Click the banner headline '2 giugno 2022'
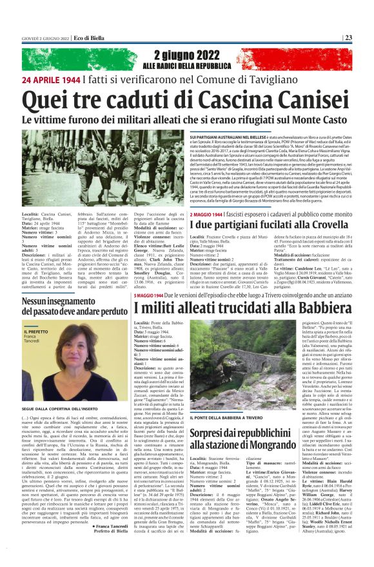(186, 55)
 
